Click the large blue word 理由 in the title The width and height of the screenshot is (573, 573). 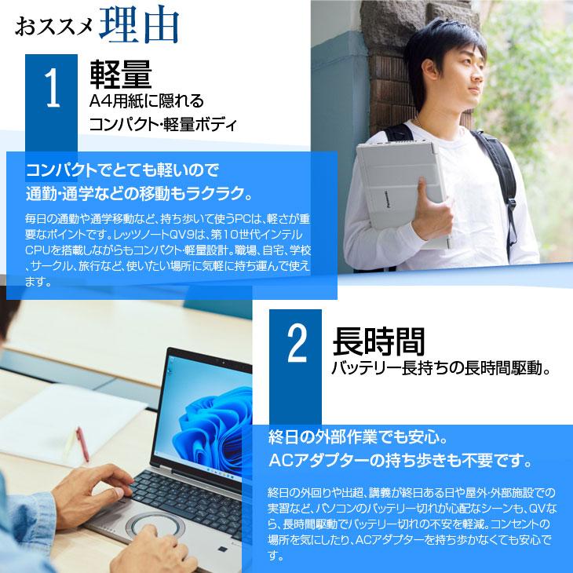pos(142,26)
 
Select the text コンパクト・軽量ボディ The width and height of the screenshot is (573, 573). pos(162,123)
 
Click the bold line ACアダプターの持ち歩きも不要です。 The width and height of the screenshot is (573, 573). pos(400,458)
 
